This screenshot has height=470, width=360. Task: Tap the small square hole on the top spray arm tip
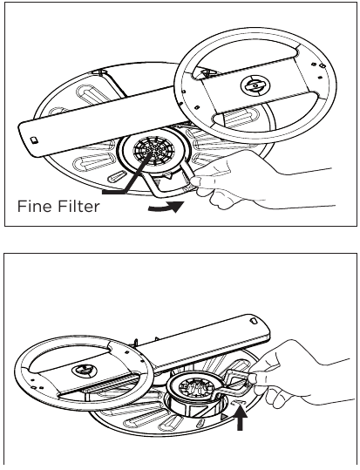click(32, 139)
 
